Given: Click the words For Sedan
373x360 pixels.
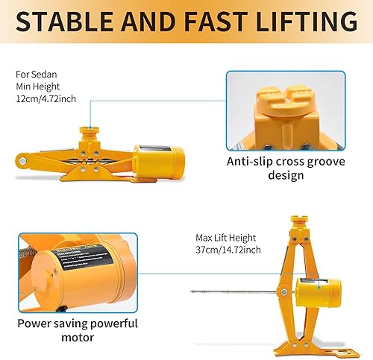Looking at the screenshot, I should pos(34,75).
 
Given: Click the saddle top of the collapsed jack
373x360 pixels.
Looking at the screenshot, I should pos(90,132).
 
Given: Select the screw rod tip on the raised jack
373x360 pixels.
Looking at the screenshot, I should pos(192,291).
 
